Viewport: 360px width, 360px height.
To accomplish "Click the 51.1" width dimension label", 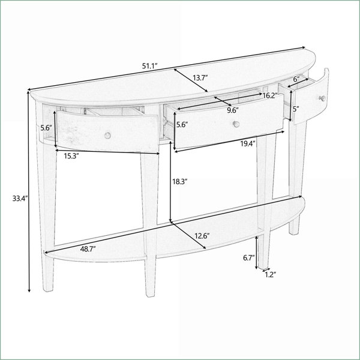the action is click(x=149, y=66).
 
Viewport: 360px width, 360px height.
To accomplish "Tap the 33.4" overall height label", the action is click(x=20, y=198).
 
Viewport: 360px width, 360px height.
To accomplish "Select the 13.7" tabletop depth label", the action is click(x=200, y=77).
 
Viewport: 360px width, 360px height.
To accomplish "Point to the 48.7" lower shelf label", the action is click(x=88, y=249).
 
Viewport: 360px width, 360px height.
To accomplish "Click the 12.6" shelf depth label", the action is click(x=202, y=236).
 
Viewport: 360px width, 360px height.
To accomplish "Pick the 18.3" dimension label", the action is click(x=180, y=182).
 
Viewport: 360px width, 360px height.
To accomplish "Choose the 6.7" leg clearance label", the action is click(x=249, y=258).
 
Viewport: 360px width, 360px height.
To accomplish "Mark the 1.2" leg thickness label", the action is click(x=270, y=275).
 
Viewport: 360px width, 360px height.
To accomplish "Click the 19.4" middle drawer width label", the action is click(x=248, y=144).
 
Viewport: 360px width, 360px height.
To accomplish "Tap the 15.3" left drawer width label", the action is click(x=71, y=156).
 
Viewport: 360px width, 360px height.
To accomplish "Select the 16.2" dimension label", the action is click(x=270, y=95).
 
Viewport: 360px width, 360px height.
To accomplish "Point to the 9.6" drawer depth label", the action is click(x=233, y=110).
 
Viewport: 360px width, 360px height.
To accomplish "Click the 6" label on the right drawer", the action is click(x=296, y=79).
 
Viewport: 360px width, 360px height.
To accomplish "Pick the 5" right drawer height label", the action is click(x=296, y=109).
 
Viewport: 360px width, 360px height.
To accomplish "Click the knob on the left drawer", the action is click(x=107, y=136).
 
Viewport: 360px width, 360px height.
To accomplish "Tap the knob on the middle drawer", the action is click(x=236, y=124).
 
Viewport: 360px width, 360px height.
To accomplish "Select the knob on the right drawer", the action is click(x=323, y=98).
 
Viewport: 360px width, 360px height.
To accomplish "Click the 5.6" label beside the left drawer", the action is click(x=46, y=128).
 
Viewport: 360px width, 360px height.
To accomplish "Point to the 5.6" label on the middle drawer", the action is click(x=182, y=124).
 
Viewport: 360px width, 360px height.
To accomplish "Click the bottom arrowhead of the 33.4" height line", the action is click(x=29, y=290).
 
